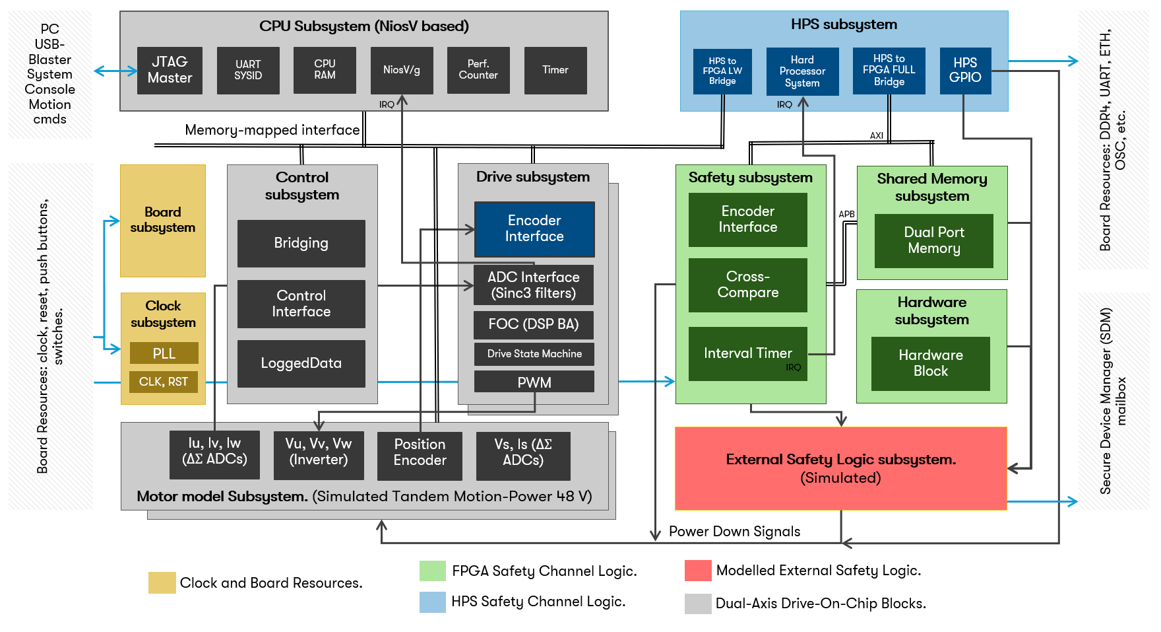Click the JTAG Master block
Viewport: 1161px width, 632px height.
(x=170, y=70)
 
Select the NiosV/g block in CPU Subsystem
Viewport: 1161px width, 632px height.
(x=402, y=70)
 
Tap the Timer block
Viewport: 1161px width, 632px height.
(x=555, y=70)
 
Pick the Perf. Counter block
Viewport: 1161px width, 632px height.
(x=478, y=70)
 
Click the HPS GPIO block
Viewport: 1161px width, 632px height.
(x=965, y=70)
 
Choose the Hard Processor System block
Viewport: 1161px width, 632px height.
(x=802, y=71)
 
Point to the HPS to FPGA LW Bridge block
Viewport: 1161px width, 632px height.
(x=722, y=71)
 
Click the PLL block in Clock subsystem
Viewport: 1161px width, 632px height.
(x=164, y=353)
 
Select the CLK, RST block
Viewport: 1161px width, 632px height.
(x=164, y=382)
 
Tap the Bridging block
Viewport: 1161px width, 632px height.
(x=301, y=243)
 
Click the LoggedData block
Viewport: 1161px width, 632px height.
(x=301, y=363)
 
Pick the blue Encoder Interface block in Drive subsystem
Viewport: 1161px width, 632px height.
(x=534, y=228)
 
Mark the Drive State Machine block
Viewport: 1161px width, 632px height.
(x=534, y=354)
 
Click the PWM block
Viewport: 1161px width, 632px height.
(x=534, y=382)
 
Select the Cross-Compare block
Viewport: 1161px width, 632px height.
(x=747, y=285)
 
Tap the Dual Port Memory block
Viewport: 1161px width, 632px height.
(x=933, y=240)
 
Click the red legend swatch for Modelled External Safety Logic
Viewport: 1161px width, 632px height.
(x=698, y=571)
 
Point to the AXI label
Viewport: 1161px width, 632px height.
(x=876, y=135)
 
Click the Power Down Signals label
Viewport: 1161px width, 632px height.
(x=734, y=532)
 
